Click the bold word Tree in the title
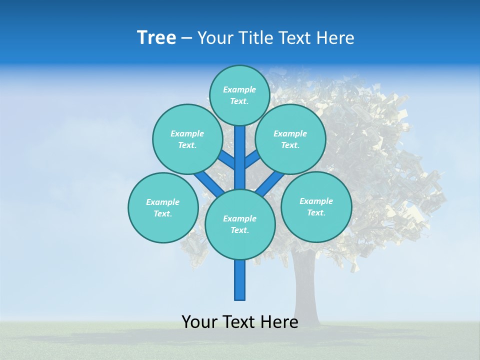tap(156, 38)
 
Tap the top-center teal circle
tap(239, 95)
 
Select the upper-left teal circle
tap(187, 139)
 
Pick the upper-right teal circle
tap(290, 139)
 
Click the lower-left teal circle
tap(163, 207)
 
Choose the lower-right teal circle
tap(316, 206)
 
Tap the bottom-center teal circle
tap(240, 224)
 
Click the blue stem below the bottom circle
tap(240, 280)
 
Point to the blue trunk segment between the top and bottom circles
tap(240, 157)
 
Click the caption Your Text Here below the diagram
tap(240, 322)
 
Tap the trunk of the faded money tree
tap(306, 295)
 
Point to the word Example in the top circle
tap(239, 89)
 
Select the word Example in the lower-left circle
tap(162, 202)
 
